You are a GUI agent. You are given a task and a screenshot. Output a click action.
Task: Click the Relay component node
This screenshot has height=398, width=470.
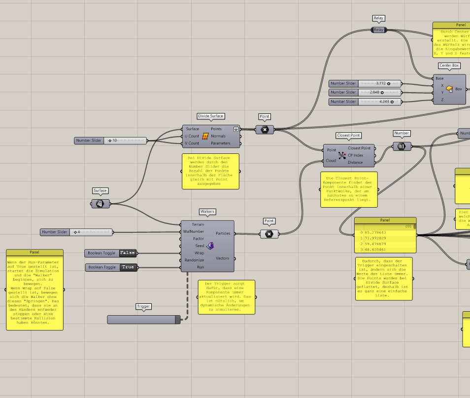click(x=378, y=30)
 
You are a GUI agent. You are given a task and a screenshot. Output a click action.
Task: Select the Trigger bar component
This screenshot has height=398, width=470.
click(x=143, y=320)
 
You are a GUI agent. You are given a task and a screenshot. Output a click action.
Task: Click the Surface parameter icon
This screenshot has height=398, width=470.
click(x=100, y=204)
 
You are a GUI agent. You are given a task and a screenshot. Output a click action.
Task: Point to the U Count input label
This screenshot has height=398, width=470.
click(x=192, y=136)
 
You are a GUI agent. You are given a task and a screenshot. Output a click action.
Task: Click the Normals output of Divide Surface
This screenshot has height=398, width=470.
click(x=218, y=136)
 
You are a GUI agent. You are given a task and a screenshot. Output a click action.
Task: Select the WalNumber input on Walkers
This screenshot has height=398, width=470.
click(x=194, y=231)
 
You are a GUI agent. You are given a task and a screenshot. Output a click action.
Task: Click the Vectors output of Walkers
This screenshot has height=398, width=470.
click(x=222, y=258)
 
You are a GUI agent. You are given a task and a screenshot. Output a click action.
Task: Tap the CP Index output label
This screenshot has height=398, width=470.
click(x=355, y=155)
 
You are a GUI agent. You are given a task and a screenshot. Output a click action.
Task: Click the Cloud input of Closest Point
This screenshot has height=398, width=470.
click(x=331, y=160)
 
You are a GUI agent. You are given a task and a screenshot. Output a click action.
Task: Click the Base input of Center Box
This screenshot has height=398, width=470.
click(x=439, y=78)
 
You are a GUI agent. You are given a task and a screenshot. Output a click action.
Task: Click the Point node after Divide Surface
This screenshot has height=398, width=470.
click(x=265, y=129)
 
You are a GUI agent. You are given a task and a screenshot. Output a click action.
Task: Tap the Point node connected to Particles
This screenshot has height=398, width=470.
click(x=269, y=234)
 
